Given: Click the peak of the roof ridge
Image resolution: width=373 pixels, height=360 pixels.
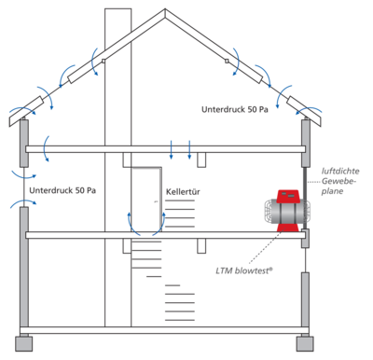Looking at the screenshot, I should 165,13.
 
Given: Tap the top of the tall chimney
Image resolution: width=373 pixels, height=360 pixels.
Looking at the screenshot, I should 117,9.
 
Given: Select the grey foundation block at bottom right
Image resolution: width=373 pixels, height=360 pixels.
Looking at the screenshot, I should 304,342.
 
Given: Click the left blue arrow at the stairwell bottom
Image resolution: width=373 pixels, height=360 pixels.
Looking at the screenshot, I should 131,220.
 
